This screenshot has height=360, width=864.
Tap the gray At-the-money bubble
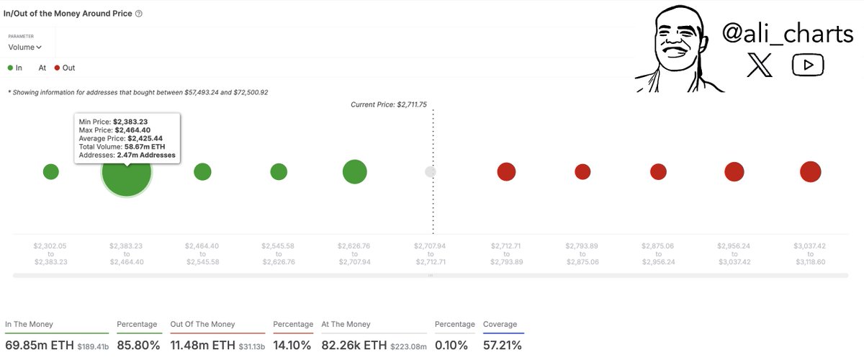tap(431, 171)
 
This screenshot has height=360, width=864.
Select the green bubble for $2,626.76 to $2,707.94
tap(355, 171)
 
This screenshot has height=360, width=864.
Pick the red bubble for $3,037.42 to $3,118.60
tap(811, 171)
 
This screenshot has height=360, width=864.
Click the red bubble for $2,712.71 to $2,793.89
tap(506, 171)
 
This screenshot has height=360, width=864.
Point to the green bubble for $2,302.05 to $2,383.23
tap(50, 171)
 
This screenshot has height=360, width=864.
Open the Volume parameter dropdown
tap(25, 48)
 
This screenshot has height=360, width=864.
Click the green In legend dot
tap(11, 68)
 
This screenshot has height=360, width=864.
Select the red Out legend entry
tap(64, 68)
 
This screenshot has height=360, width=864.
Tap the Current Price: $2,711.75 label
tap(389, 104)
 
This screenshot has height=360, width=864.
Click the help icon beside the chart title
tap(139, 14)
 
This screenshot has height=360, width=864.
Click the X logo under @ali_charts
tap(760, 66)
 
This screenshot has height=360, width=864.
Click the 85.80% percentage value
tap(138, 345)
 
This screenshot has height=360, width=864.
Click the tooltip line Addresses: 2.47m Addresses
tap(127, 155)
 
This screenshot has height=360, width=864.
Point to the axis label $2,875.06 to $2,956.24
tap(658, 253)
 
